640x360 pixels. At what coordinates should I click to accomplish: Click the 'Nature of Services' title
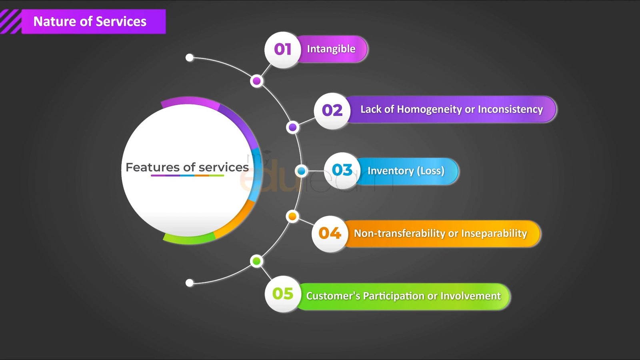[90, 22]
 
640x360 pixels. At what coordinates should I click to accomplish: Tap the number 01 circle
[282, 50]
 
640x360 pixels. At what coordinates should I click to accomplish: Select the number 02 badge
[332, 110]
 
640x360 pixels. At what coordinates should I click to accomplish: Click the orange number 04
[330, 233]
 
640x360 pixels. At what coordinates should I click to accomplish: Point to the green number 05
[283, 294]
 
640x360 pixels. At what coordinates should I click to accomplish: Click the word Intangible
[331, 49]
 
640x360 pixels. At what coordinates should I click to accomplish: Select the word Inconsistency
[510, 110]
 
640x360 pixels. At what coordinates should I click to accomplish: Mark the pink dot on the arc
[256, 81]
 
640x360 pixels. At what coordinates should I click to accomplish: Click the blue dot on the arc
[301, 171]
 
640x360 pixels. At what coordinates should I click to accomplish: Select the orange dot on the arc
[292, 216]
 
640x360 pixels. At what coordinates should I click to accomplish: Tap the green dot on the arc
[256, 261]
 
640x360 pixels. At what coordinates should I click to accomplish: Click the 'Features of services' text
[187, 168]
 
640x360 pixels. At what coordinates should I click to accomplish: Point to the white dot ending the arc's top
[190, 58]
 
